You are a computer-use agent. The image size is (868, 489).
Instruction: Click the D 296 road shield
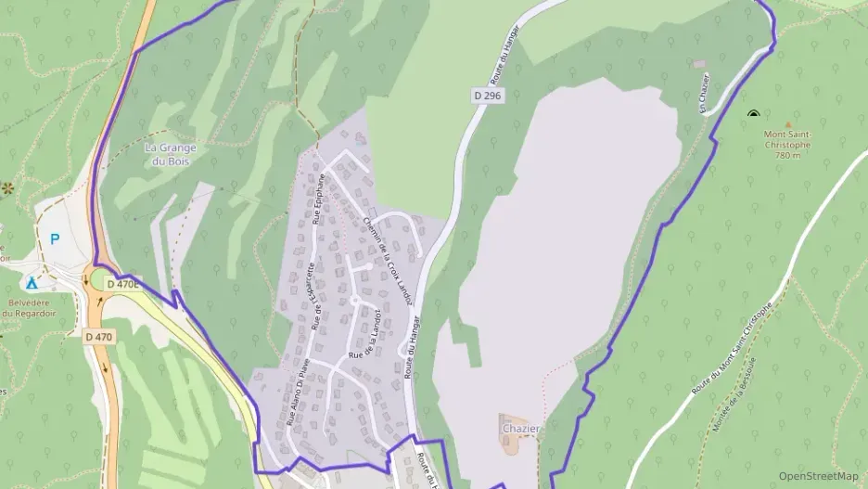pyautogui.click(x=491, y=97)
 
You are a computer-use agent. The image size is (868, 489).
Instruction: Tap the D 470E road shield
pyautogui.click(x=122, y=284)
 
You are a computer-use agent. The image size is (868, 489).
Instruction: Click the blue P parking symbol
pyautogui.click(x=55, y=239)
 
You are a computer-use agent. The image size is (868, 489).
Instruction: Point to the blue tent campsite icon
pyautogui.click(x=32, y=283)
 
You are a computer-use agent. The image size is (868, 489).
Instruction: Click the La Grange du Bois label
pyautogui.click(x=167, y=154)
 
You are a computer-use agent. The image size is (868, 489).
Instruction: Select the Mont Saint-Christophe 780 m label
pyautogui.click(x=787, y=144)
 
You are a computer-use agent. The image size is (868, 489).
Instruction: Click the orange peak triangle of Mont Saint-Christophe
pyautogui.click(x=788, y=123)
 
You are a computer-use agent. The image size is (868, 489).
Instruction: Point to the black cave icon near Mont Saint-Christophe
pyautogui.click(x=753, y=114)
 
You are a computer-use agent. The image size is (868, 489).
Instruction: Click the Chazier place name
pyautogui.click(x=520, y=429)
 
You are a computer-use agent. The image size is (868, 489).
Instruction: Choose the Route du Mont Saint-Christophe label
pyautogui.click(x=733, y=347)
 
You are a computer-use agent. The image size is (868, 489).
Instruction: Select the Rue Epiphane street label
pyautogui.click(x=319, y=199)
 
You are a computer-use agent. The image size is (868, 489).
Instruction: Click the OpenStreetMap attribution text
pyautogui.click(x=818, y=476)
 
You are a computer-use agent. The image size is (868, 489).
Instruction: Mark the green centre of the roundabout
pyautogui.click(x=99, y=277)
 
